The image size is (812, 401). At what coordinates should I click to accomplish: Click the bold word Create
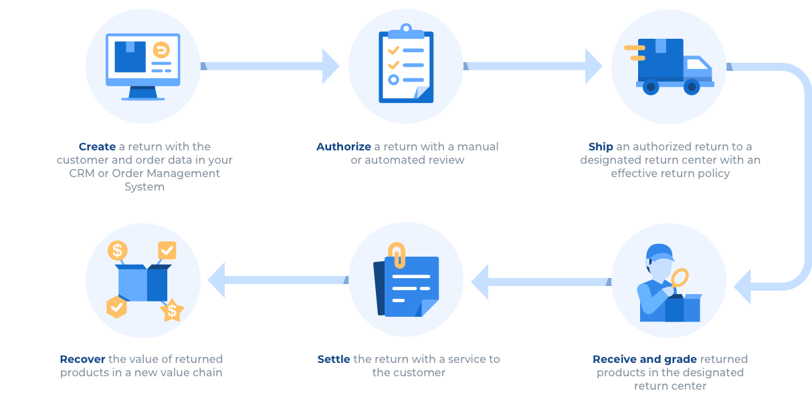point(97,146)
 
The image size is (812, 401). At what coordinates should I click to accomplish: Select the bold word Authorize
point(343,146)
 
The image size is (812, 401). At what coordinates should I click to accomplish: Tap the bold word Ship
point(600,146)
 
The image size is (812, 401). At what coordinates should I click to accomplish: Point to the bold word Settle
point(333,359)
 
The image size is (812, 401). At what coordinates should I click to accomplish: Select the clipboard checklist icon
point(405,65)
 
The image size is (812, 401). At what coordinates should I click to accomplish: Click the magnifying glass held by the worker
point(680,277)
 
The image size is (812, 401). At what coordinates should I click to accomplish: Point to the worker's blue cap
point(660,252)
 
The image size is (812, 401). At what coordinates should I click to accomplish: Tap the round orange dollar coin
point(118,251)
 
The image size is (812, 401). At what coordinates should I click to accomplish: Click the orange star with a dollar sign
point(172,310)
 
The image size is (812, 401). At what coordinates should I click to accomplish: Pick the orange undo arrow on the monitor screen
point(161,50)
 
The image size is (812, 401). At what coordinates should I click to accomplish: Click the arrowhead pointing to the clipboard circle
point(331,65)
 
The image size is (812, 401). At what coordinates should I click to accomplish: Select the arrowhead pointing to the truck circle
point(594,65)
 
